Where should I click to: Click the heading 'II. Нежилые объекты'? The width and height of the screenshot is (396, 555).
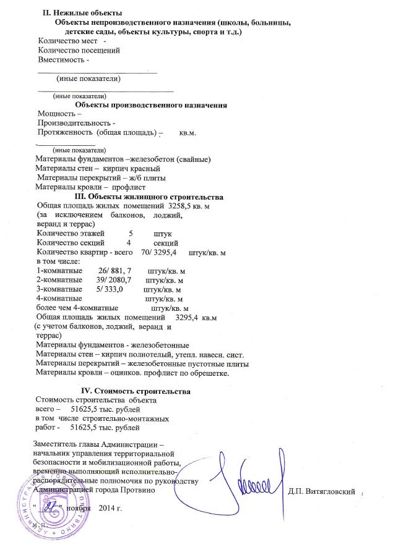pyautogui.click(x=82, y=13)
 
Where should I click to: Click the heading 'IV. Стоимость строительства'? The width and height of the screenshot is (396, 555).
pyautogui.click(x=136, y=391)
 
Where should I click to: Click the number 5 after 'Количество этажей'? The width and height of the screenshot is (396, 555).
pyautogui.click(x=131, y=233)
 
